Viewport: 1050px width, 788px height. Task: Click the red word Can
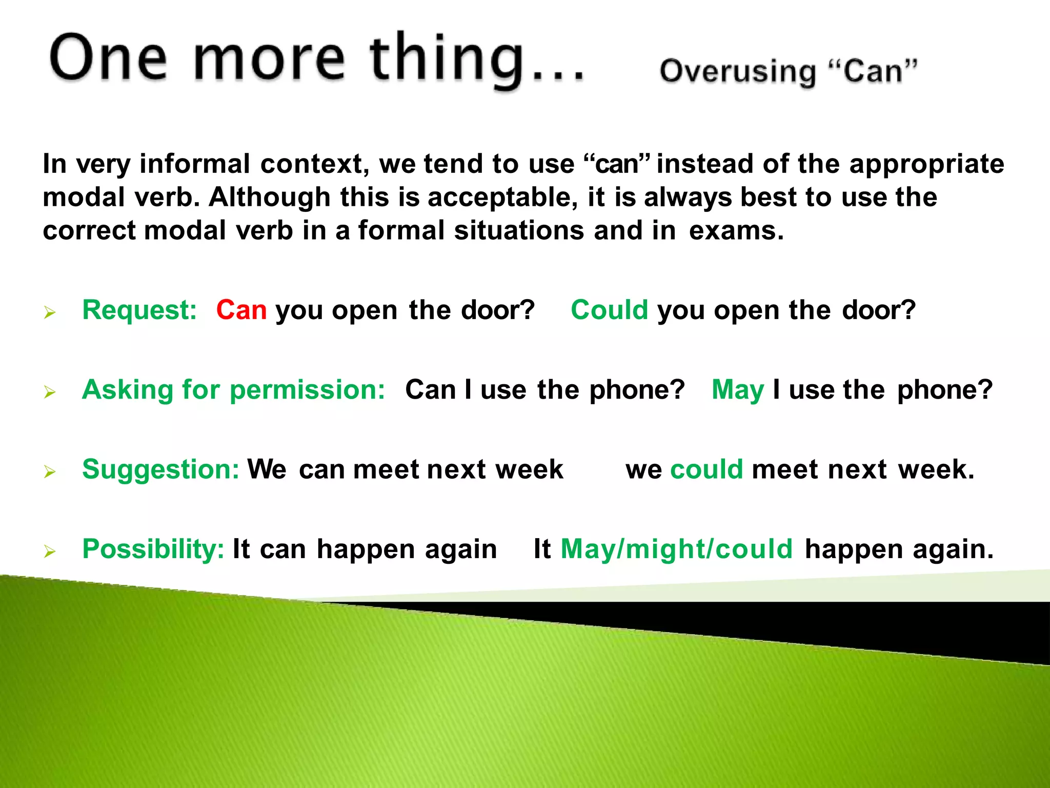coord(241,310)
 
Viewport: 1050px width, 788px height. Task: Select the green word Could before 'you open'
coord(609,310)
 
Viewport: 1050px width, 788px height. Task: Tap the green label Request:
coord(139,310)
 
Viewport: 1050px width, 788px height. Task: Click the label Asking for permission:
coord(233,390)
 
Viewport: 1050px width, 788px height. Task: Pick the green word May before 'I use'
coord(738,390)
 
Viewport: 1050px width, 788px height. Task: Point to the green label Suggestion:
coord(160,469)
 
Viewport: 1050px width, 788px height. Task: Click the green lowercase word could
coord(706,469)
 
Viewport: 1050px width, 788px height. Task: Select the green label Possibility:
coord(153,549)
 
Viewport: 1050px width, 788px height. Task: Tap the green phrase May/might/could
coord(677,549)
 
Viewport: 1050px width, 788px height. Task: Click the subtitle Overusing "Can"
coord(788,72)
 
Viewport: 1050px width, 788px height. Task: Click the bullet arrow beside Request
coord(50,312)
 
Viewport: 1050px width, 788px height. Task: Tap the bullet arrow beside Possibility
coord(50,551)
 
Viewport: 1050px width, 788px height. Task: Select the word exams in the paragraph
coord(736,231)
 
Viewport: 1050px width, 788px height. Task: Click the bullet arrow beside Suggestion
coord(50,471)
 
